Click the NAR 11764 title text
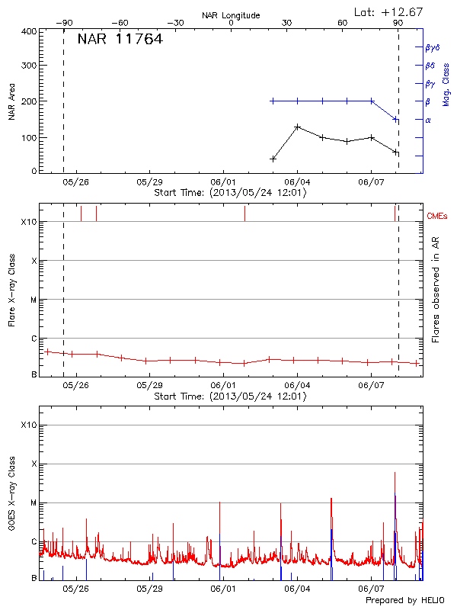tap(120, 40)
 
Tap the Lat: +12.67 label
tap(389, 11)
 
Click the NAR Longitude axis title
tap(232, 15)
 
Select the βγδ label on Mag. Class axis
tap(432, 47)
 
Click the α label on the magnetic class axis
tap(428, 120)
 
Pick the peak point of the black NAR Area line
tap(297, 127)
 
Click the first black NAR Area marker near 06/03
tap(273, 159)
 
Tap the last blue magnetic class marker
tap(395, 120)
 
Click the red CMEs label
tap(437, 217)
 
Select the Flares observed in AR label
tap(436, 288)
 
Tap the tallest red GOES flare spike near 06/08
tap(395, 473)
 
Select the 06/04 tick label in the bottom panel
tap(297, 589)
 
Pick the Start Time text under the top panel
tap(230, 193)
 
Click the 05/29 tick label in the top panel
tap(149, 182)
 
